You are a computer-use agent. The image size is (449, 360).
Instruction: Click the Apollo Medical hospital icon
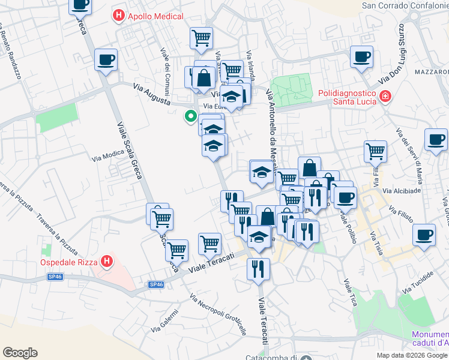[119, 16]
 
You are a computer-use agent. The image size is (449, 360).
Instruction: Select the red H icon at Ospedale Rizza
[107, 262]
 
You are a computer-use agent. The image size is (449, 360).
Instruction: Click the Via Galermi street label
[165, 320]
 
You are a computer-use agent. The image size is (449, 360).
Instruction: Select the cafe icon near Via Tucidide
[424, 234]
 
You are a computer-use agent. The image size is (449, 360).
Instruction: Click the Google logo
[20, 353]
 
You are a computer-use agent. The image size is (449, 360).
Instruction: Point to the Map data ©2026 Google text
[412, 355]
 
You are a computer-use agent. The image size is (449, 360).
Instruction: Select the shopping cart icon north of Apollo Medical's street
[201, 38]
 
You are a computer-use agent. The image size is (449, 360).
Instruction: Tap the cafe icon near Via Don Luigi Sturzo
[362, 57]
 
